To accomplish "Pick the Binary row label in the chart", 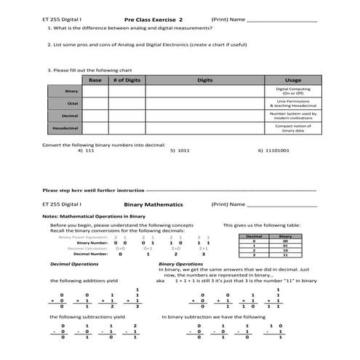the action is (x=71, y=91).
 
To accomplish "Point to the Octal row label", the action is (x=71, y=103).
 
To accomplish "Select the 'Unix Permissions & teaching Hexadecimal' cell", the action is (x=293, y=103).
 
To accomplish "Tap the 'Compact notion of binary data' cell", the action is (x=293, y=129).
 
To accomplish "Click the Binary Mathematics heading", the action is (x=153, y=205).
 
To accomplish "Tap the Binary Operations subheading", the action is (x=180, y=263).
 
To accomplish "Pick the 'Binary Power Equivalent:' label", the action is (x=83, y=236).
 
